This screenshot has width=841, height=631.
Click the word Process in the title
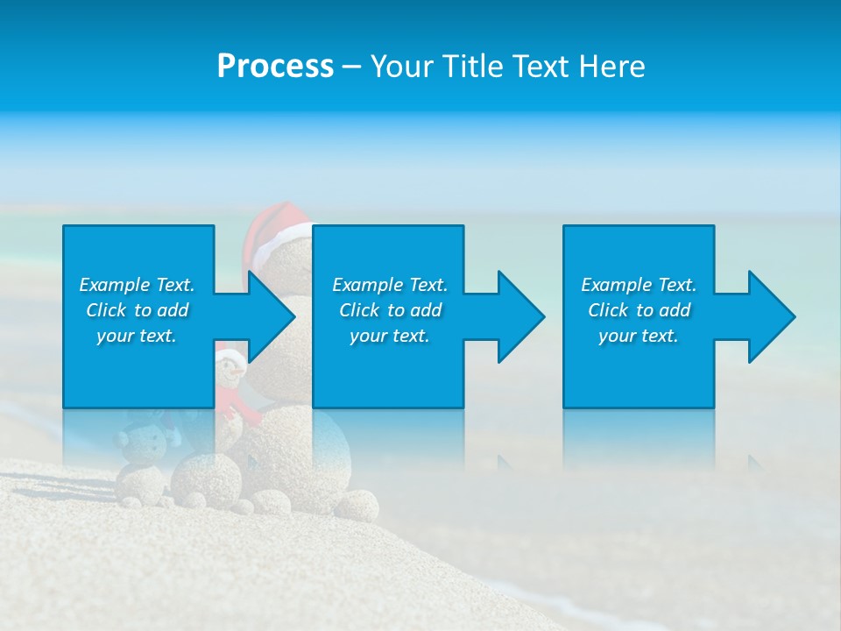(275, 67)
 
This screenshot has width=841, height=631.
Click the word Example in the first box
(115, 285)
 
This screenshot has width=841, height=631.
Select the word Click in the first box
(105, 310)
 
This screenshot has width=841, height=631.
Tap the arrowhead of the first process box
(272, 317)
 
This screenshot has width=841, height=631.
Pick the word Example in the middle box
(368, 285)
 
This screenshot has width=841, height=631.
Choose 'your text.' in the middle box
(389, 336)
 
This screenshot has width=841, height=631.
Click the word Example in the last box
(617, 285)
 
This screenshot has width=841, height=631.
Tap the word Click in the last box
(608, 310)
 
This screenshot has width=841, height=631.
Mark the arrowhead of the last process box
(772, 317)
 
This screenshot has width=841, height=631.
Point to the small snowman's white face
(230, 369)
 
